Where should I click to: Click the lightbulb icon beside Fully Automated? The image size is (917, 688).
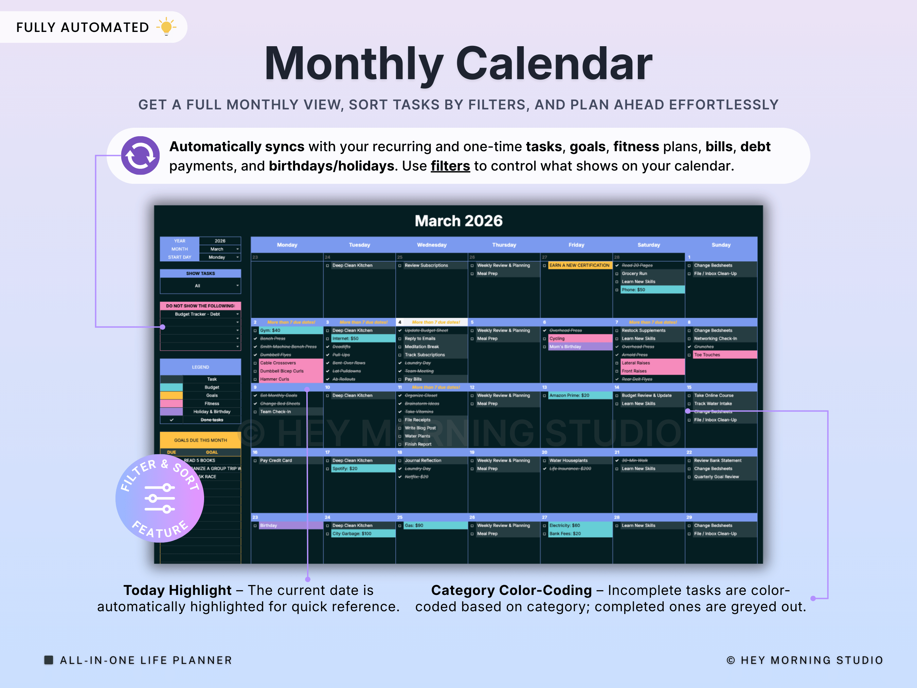pyautogui.click(x=166, y=27)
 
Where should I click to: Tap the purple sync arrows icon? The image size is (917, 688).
pyautogui.click(x=140, y=156)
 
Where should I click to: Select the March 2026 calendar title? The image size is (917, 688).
pyautogui.click(x=458, y=220)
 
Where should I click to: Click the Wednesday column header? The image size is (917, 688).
pyautogui.click(x=432, y=245)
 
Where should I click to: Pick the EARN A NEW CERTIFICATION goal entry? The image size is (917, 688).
pyautogui.click(x=579, y=265)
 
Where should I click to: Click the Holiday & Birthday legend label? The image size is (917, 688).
pyautogui.click(x=212, y=412)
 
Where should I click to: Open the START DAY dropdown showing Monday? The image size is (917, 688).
pyautogui.click(x=220, y=257)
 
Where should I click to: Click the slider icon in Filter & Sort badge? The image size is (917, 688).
pyautogui.click(x=160, y=498)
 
